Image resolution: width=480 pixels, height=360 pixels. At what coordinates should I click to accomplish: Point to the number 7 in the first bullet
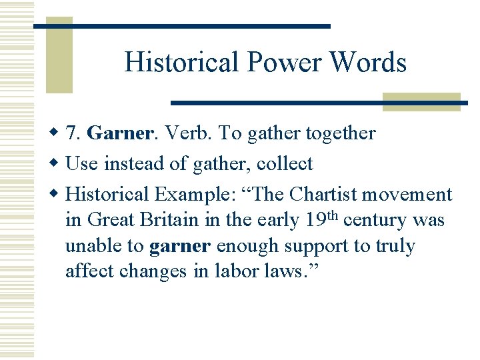pos(72,133)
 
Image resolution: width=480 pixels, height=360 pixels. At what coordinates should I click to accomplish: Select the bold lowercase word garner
pos(181,247)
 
